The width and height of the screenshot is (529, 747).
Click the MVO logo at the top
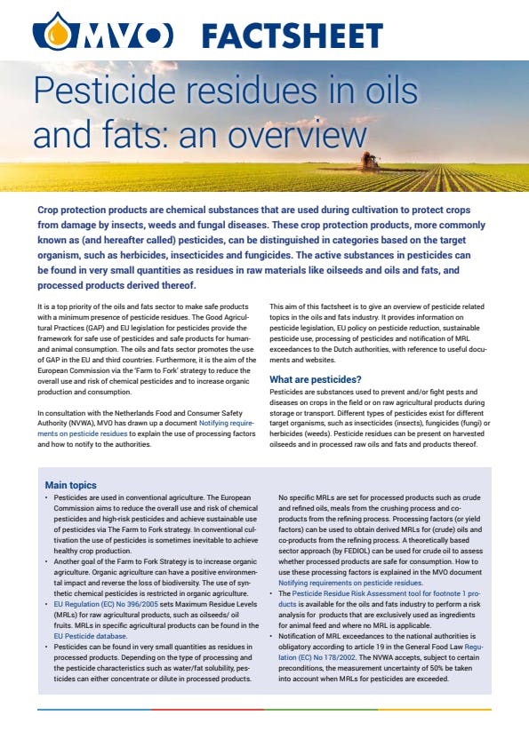coord(102,36)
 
